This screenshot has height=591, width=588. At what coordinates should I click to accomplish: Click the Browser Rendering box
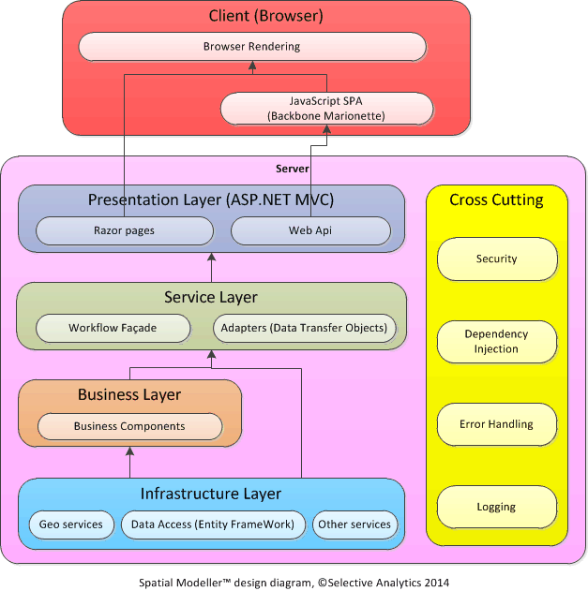(251, 46)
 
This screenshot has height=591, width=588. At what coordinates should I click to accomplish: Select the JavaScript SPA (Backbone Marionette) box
(325, 108)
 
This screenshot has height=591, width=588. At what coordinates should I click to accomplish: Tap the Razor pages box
(124, 230)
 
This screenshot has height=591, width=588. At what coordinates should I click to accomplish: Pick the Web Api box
(310, 230)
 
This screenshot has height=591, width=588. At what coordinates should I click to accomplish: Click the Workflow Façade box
(113, 329)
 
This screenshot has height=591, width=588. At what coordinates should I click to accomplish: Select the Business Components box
(129, 426)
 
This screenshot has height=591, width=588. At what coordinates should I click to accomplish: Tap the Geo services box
(71, 525)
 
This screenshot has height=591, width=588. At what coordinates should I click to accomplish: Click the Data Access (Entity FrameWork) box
(213, 525)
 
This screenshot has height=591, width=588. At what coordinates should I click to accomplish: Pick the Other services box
(354, 525)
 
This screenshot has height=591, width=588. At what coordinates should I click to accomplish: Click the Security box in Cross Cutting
(496, 259)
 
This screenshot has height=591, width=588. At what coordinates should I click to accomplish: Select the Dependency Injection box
(496, 342)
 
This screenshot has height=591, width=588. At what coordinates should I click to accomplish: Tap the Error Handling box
(496, 424)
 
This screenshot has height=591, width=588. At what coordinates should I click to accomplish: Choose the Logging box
(496, 507)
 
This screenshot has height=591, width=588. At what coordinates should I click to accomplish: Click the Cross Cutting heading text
(496, 199)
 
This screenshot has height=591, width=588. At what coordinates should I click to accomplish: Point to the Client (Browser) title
(265, 16)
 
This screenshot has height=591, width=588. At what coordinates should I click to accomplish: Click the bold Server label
(293, 169)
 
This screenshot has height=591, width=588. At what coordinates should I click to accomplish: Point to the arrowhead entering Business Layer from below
(129, 451)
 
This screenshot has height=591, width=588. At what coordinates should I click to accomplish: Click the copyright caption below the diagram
(294, 582)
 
